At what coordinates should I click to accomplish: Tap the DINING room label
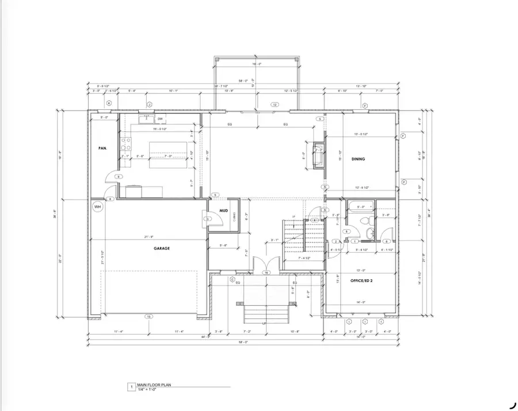coord(359,159)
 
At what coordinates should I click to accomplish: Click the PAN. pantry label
coord(102,149)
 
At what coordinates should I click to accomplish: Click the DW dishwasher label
coord(161,119)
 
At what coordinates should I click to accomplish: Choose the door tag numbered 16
coord(266,272)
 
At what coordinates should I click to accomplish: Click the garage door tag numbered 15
coord(148,316)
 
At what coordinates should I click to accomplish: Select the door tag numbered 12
coord(275,105)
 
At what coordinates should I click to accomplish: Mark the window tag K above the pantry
coord(108,103)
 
